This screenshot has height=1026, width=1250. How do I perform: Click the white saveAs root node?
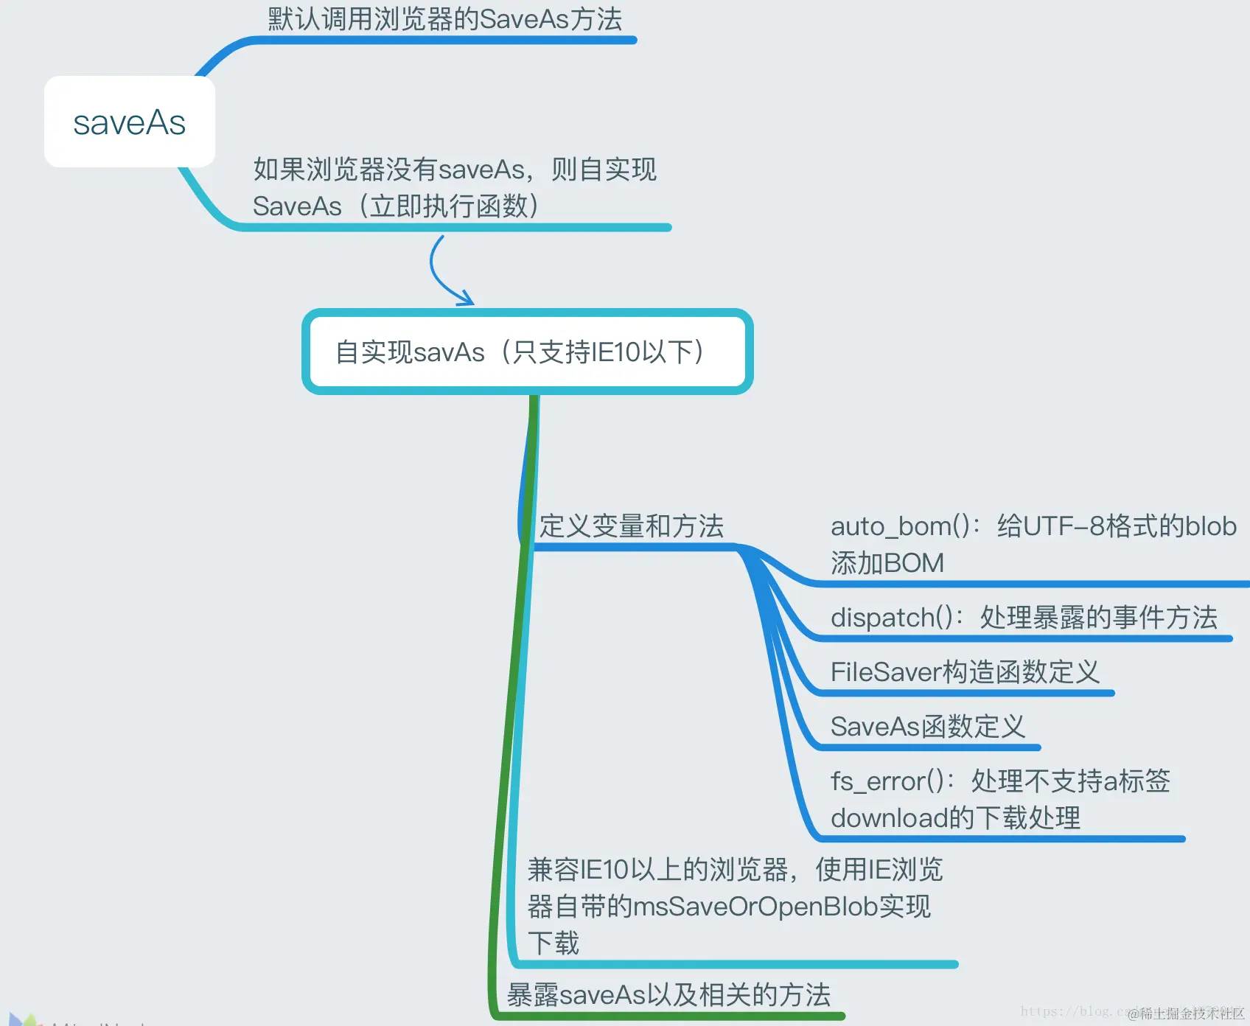click(130, 122)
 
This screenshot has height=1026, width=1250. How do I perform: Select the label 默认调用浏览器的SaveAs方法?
click(444, 19)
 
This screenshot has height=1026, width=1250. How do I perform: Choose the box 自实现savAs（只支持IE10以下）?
click(527, 352)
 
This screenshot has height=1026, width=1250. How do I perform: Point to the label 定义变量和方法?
click(631, 526)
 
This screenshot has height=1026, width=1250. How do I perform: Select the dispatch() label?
click(1024, 618)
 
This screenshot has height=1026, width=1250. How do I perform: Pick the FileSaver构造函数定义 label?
click(964, 672)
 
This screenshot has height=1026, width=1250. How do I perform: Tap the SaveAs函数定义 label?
click(927, 727)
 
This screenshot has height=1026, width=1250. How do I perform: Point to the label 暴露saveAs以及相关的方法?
click(668, 995)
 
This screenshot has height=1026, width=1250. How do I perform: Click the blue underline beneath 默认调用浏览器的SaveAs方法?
click(442, 41)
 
